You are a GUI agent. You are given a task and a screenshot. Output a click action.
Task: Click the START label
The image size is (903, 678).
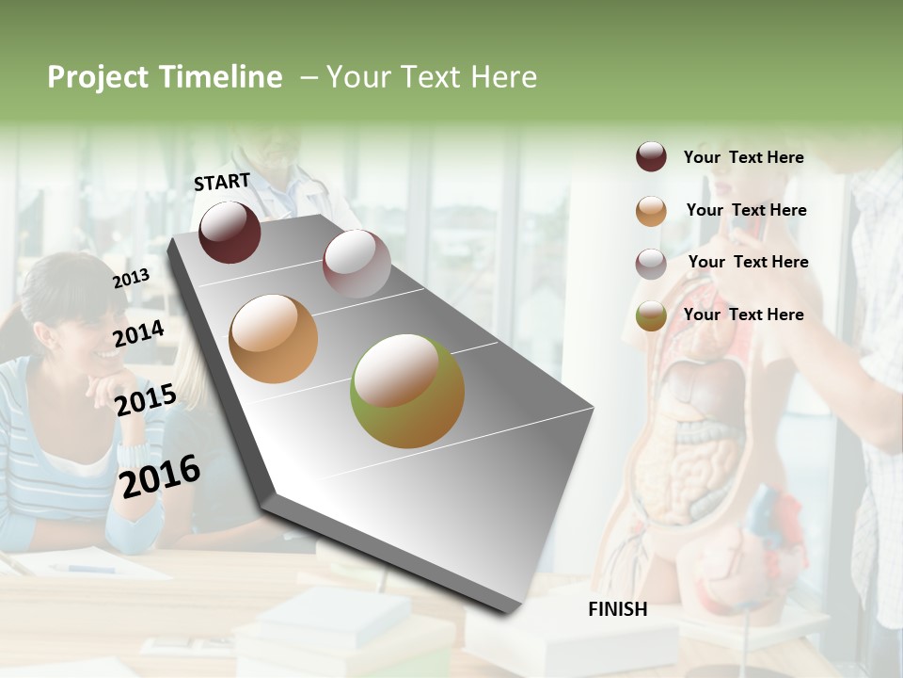222,181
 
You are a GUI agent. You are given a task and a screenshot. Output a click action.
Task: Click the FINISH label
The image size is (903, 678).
617,609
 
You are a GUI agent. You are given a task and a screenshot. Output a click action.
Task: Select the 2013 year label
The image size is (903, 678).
131,278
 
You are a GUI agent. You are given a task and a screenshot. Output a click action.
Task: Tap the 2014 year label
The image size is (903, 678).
138,333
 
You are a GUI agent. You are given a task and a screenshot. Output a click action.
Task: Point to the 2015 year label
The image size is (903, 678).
145,399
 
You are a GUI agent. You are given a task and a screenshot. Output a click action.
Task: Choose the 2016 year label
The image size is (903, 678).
161,476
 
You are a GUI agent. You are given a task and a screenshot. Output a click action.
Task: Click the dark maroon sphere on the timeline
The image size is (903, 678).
230,232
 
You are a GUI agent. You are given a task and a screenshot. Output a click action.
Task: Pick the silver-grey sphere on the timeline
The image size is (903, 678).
356,263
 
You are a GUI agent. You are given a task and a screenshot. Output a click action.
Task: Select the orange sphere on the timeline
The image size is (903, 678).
273,339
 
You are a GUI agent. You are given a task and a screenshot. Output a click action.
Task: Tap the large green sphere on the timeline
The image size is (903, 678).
407,391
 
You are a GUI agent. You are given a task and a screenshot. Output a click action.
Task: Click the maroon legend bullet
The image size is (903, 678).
651,157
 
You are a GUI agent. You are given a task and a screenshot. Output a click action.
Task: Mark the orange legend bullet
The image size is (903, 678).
651,211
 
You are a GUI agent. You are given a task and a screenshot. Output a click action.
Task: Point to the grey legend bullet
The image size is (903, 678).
651,263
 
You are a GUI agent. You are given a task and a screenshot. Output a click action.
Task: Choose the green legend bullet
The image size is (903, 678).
651,315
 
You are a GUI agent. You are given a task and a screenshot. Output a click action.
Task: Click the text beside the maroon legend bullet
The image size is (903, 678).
743,157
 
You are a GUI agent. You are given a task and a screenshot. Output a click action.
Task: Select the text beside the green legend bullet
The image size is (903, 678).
743,315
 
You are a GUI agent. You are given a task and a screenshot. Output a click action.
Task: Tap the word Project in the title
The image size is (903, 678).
98,77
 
